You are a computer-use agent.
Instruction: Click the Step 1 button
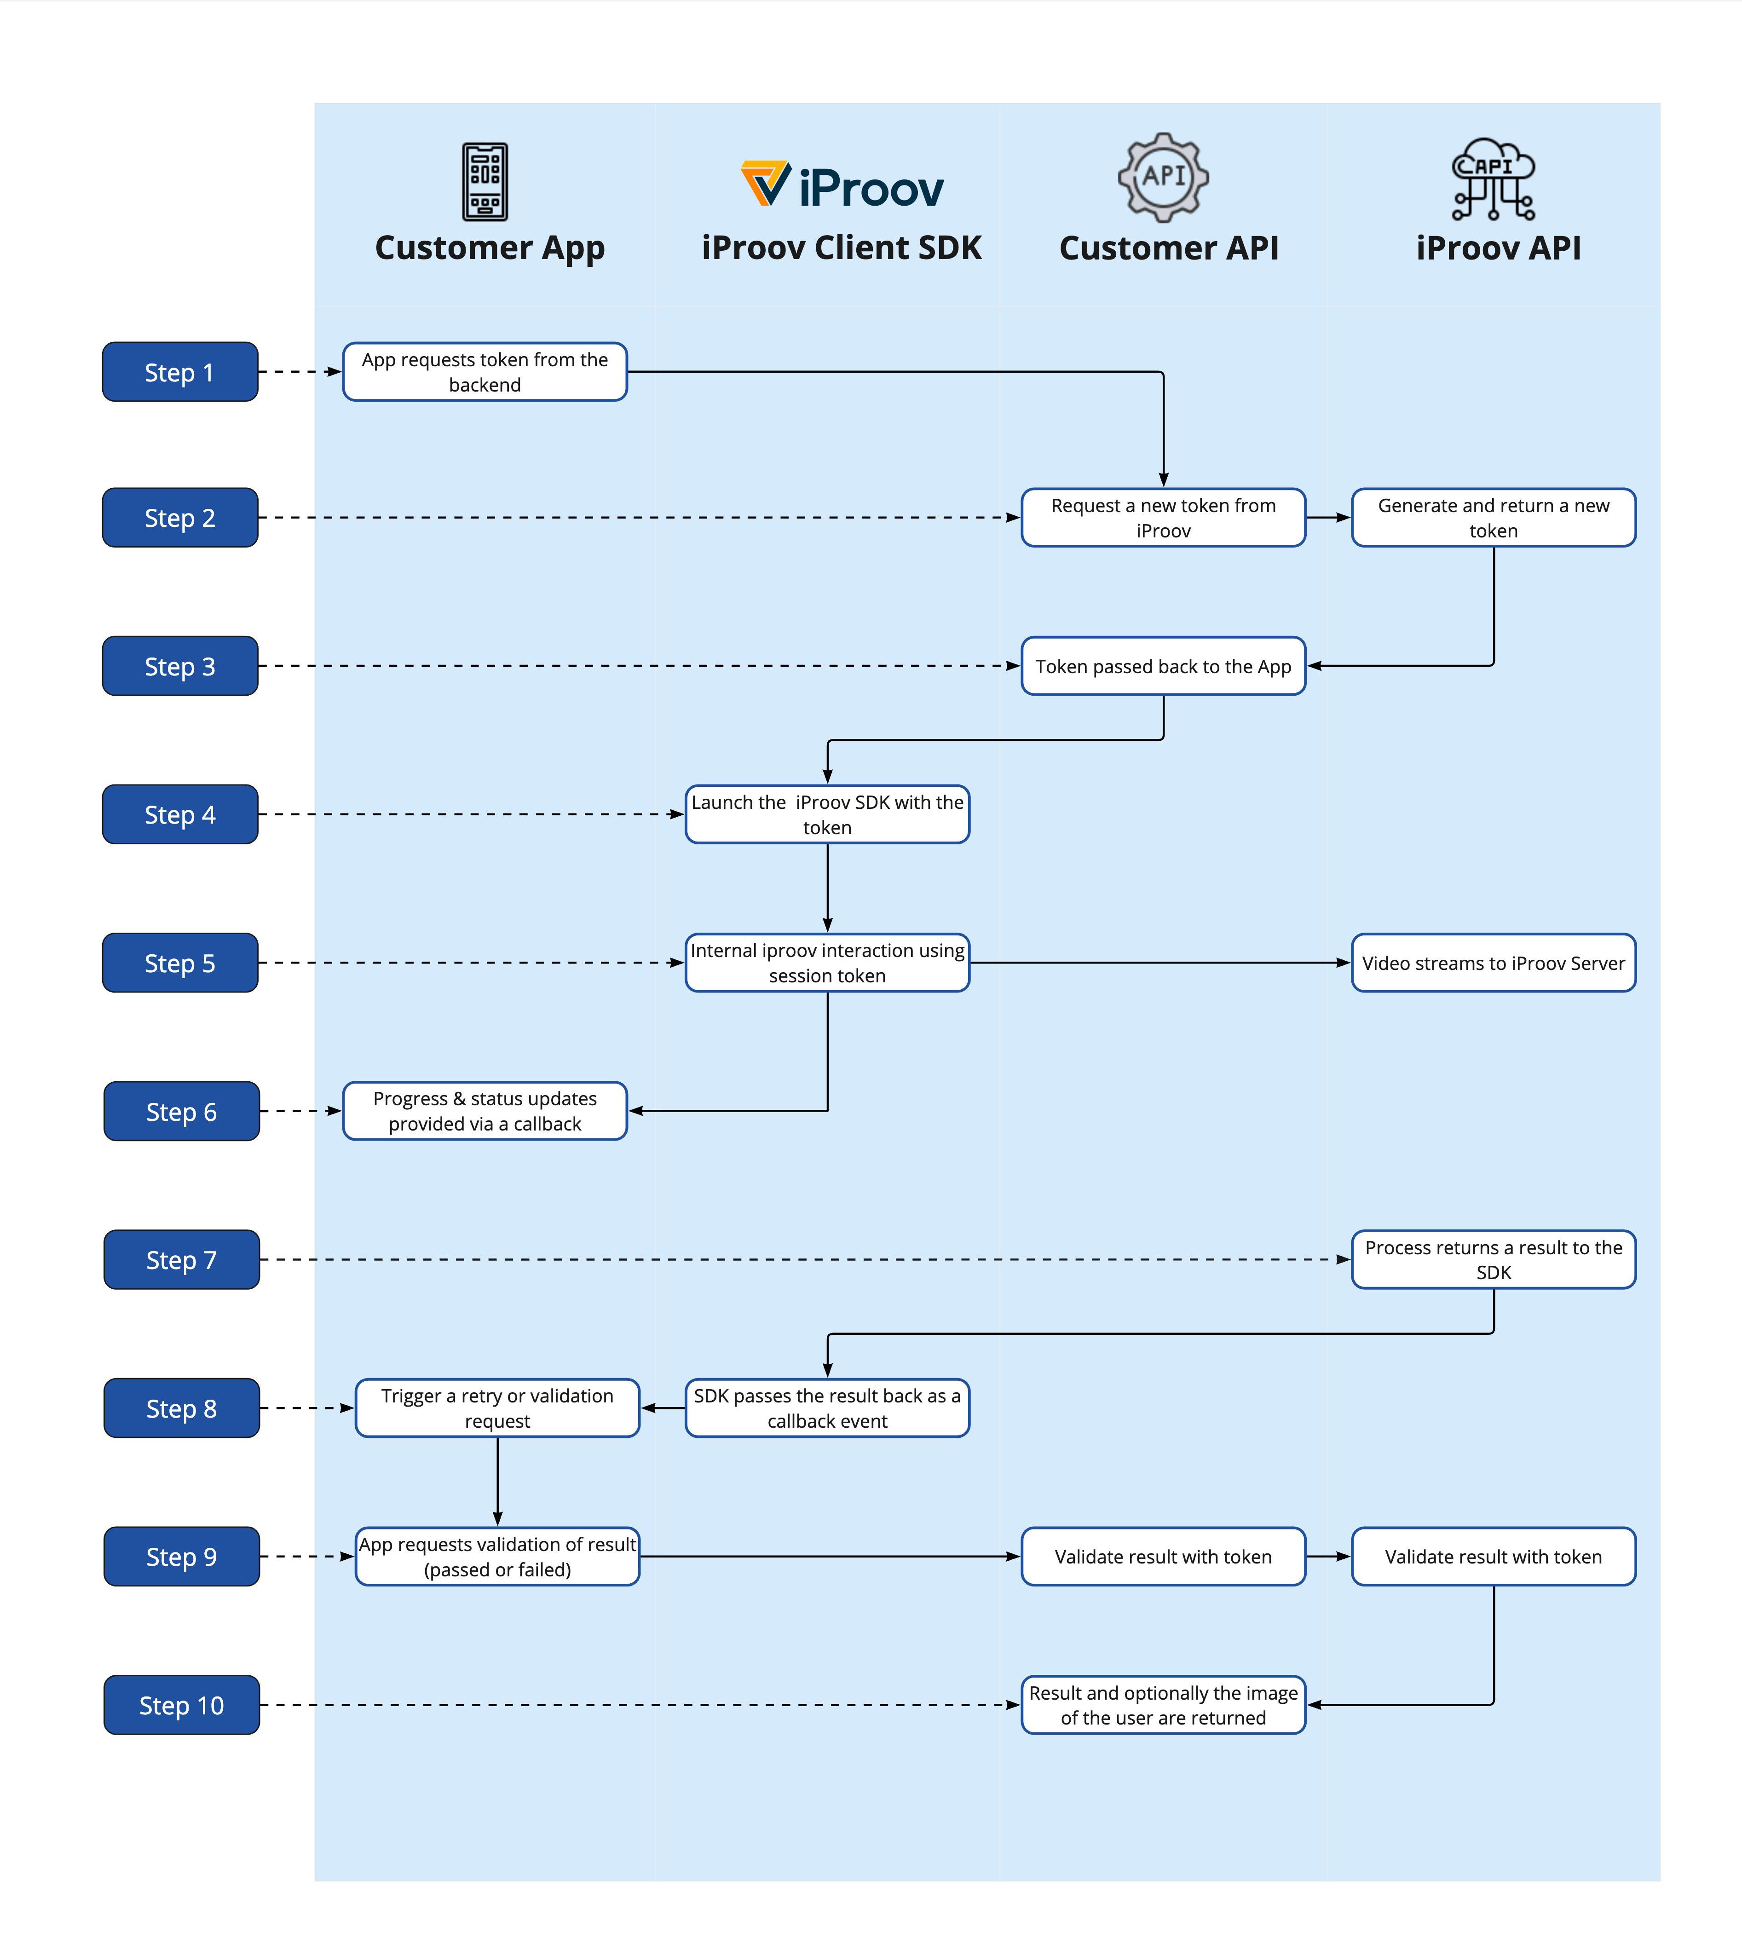pos(180,371)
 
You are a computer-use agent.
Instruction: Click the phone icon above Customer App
pos(485,182)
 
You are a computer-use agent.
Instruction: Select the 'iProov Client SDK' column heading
pos(842,248)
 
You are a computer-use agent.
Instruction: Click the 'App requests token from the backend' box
pos(485,371)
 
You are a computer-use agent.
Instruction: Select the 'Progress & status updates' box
pos(485,1111)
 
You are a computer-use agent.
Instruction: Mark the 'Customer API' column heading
pos(1169,248)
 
